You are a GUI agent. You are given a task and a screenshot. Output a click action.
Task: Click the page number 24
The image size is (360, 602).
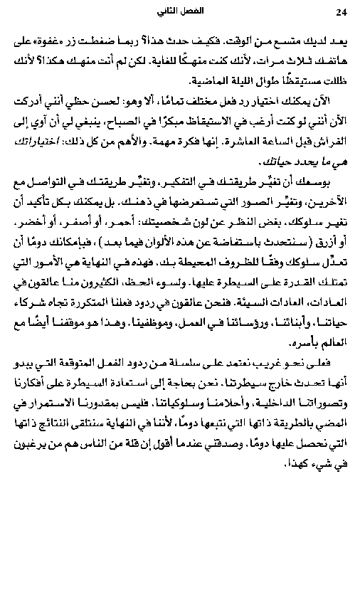click(339, 12)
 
